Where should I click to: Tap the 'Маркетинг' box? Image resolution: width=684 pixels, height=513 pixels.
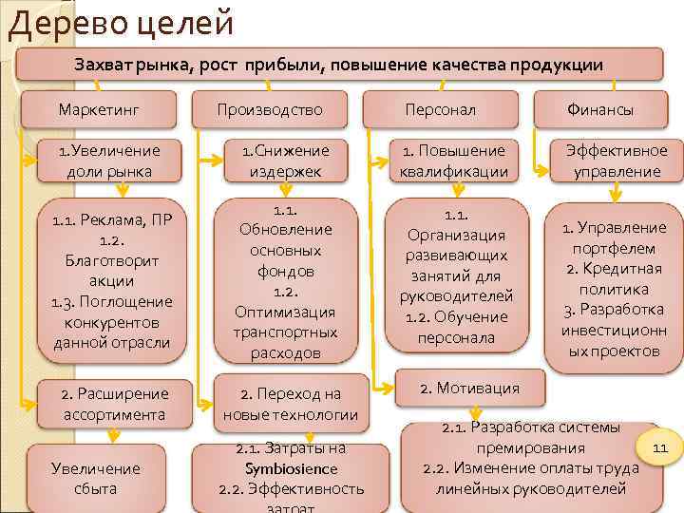pyautogui.click(x=99, y=110)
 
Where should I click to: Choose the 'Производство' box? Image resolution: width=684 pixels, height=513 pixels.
pyautogui.click(x=270, y=110)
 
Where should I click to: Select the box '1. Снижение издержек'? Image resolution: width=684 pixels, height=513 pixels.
pyautogui.click(x=285, y=161)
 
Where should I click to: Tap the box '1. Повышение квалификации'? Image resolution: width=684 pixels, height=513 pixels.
pyautogui.click(x=455, y=161)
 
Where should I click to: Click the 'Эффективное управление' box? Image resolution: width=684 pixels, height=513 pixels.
pyautogui.click(x=617, y=161)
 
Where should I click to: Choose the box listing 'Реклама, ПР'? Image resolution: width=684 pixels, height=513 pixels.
pyautogui.click(x=110, y=280)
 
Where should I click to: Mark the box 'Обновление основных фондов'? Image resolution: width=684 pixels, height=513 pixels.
pyautogui.click(x=285, y=280)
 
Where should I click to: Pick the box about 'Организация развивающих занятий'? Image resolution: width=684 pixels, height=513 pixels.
pyautogui.click(x=455, y=275)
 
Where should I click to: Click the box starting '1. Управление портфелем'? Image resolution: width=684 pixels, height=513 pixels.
pyautogui.click(x=614, y=290)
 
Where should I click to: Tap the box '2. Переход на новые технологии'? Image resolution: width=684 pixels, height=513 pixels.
pyautogui.click(x=290, y=404)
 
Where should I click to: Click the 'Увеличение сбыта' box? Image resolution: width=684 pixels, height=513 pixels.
pyautogui.click(x=95, y=478)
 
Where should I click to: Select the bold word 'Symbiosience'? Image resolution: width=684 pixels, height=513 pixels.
pyautogui.click(x=290, y=468)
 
